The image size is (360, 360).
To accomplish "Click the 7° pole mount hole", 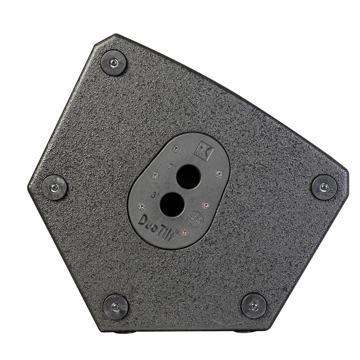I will point(188,176).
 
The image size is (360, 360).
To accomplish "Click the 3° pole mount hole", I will point(172,204).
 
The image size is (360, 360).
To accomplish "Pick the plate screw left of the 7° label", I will point(154,175).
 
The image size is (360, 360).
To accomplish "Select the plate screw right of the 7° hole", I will point(218,174).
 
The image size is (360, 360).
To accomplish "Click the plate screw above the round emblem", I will point(206,205).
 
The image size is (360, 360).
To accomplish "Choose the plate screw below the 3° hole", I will point(184,231).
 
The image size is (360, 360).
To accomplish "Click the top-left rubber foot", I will point(114,62).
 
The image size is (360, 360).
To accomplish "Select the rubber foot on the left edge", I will point(54,187).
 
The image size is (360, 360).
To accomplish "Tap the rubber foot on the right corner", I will point(324,187).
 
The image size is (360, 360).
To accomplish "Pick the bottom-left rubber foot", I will point(116,306).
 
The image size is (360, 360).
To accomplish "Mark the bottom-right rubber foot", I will point(254,306).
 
